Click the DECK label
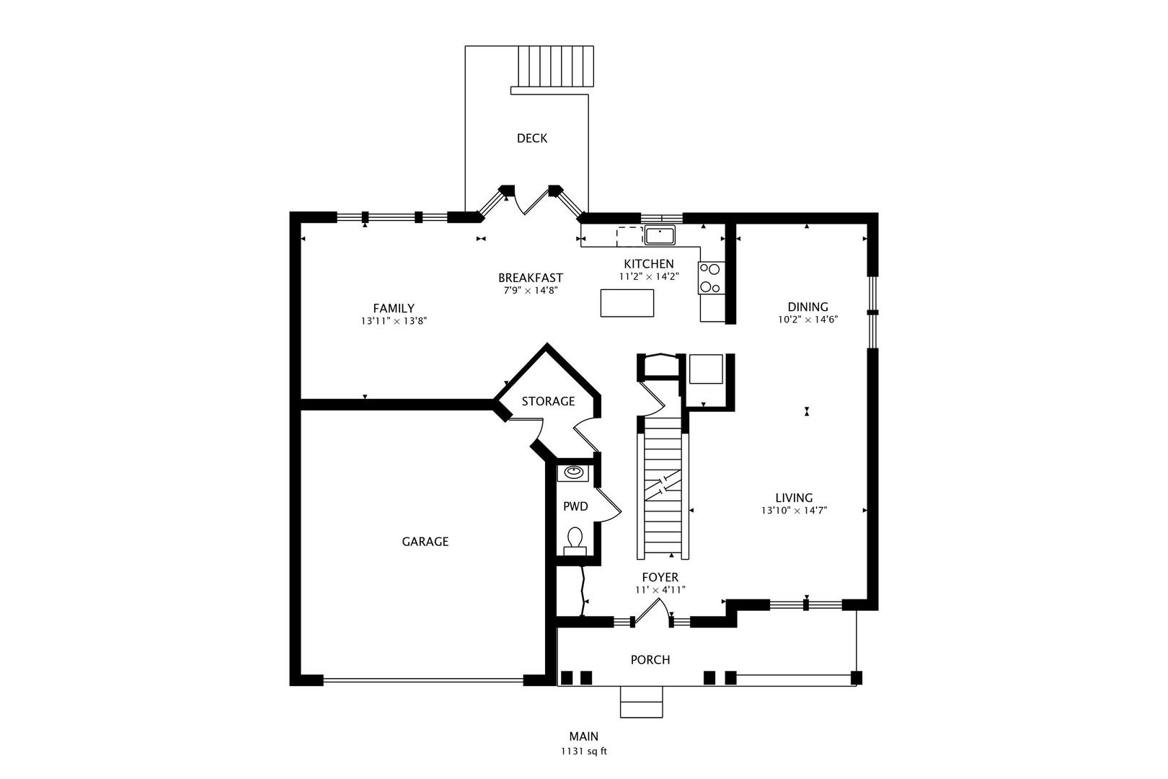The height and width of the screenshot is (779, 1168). click(x=532, y=138)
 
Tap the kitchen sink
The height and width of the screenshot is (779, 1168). click(x=660, y=235)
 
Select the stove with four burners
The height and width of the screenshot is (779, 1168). click(x=711, y=278)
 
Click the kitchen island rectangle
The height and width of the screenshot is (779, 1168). click(x=627, y=303)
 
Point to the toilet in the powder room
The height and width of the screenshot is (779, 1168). click(x=575, y=541)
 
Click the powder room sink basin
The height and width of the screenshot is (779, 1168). click(x=574, y=472)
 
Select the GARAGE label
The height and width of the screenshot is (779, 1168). click(x=425, y=542)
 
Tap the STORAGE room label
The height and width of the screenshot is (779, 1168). click(x=548, y=401)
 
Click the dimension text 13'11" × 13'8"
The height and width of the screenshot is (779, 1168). click(x=394, y=322)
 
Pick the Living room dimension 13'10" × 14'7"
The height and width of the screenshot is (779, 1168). click(x=794, y=511)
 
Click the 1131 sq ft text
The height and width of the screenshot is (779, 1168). click(x=584, y=752)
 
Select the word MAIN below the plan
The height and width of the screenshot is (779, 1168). click(x=584, y=736)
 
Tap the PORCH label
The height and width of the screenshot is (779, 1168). click(x=650, y=660)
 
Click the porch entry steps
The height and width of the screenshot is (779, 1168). click(x=642, y=702)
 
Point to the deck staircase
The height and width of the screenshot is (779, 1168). click(x=556, y=66)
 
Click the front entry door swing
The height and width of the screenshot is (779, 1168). click(x=652, y=612)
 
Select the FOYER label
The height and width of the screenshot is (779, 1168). click(x=660, y=577)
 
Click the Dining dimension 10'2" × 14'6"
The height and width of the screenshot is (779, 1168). click(x=808, y=320)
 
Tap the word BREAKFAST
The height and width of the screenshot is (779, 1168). click(x=531, y=278)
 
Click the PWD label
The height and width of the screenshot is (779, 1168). click(x=575, y=506)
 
